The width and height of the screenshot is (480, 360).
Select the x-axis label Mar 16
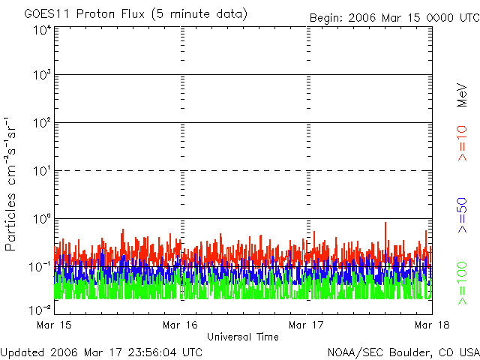pyautogui.click(x=180, y=325)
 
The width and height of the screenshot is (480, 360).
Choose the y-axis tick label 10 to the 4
pyautogui.click(x=41, y=30)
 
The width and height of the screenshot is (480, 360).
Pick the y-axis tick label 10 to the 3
pyautogui.click(x=41, y=76)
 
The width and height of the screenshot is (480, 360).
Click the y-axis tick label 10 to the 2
pyautogui.click(x=41, y=124)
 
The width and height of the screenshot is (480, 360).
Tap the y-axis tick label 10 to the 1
pyautogui.click(x=41, y=172)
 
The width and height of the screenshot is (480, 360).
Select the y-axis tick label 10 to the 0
pyautogui.click(x=41, y=220)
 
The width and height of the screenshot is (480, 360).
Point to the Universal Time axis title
pyautogui.click(x=242, y=337)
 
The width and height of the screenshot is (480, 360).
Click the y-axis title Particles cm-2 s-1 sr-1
pyautogui.click(x=12, y=183)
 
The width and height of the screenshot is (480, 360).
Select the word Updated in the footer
pyautogui.click(x=22, y=352)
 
